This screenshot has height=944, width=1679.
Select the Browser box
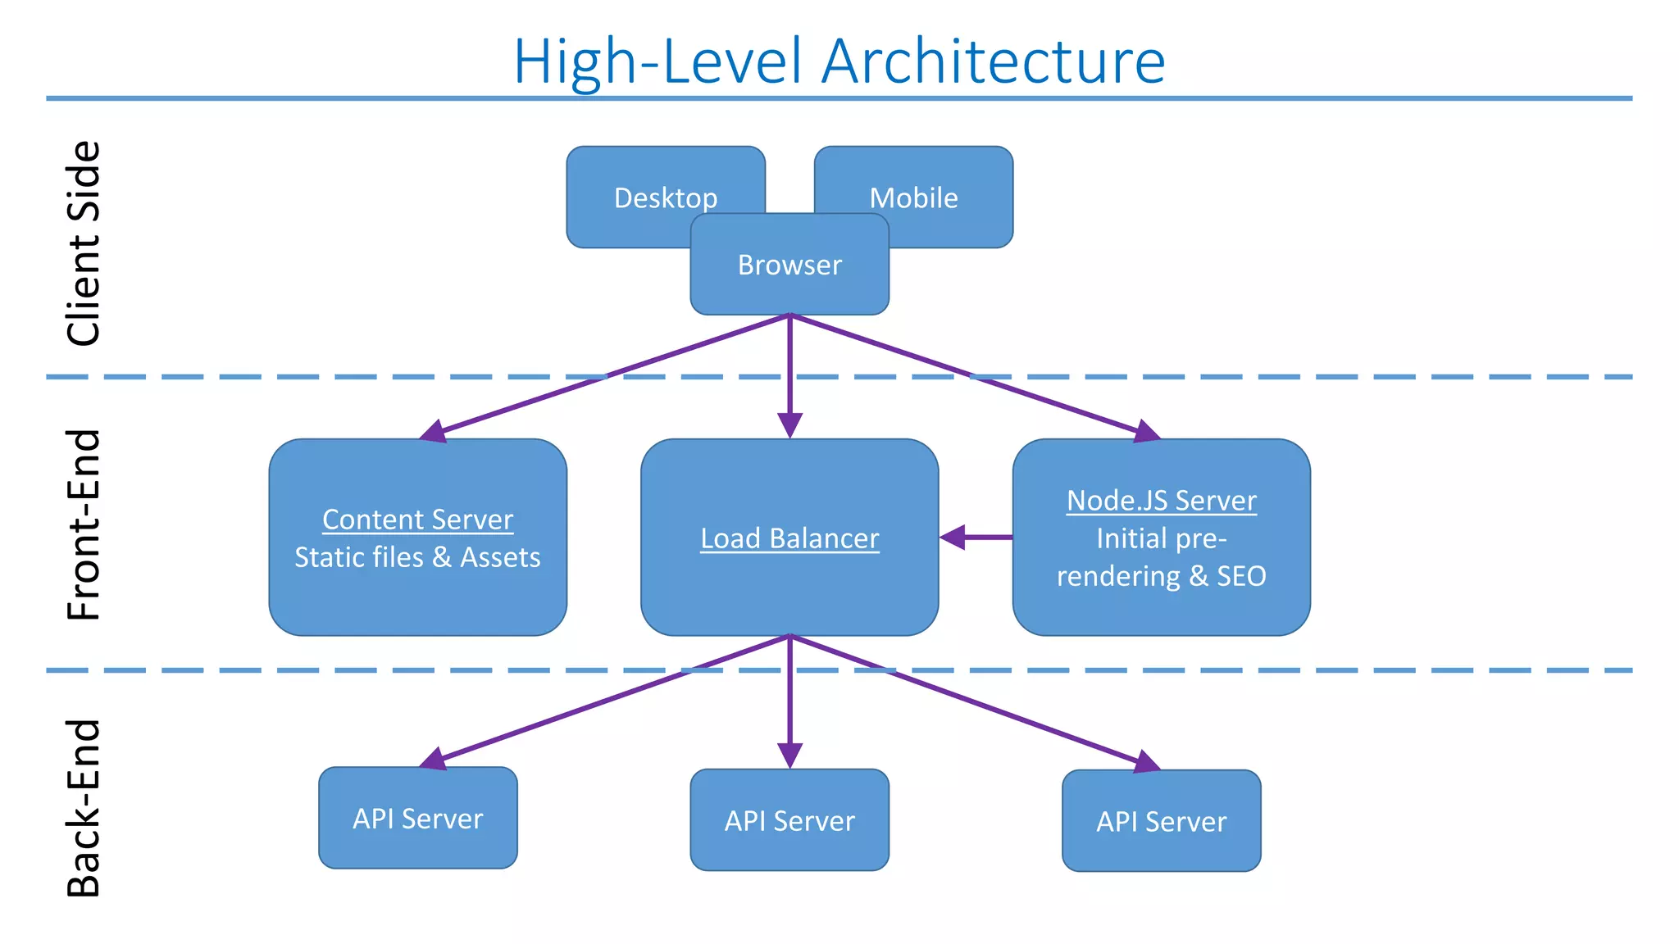tap(789, 265)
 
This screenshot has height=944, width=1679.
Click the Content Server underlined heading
tap(417, 520)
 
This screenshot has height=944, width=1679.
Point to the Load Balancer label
tap(789, 538)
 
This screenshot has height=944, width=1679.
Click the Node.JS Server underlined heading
tap(1161, 501)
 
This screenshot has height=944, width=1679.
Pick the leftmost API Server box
tap(417, 818)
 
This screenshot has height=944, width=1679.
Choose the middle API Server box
tap(789, 820)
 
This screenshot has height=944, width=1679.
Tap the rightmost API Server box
tap(1161, 821)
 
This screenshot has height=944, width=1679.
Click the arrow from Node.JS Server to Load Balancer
tap(980, 538)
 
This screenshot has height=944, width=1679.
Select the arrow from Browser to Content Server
tap(607, 375)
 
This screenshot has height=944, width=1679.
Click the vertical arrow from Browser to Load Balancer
tap(789, 369)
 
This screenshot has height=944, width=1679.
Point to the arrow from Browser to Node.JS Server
tap(971, 374)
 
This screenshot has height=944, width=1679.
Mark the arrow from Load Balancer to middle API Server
tap(789, 697)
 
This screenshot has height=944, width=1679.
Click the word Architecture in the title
tap(993, 61)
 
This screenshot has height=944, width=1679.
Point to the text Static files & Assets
tap(417, 557)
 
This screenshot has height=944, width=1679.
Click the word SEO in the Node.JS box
tap(1241, 576)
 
